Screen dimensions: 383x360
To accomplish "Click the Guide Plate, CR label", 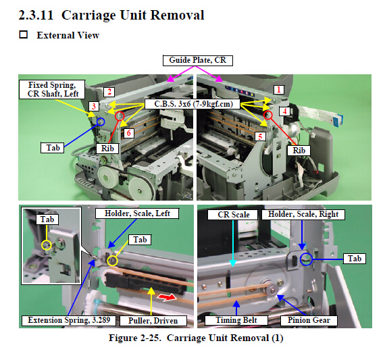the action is pyautogui.click(x=198, y=60).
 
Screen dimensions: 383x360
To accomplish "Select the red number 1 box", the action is pyautogui.click(x=279, y=90).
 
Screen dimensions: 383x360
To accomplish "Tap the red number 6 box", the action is pyautogui.click(x=129, y=133).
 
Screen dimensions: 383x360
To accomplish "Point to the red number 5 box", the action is pyautogui.click(x=260, y=136).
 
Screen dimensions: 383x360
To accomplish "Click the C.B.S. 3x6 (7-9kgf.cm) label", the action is pyautogui.click(x=193, y=104).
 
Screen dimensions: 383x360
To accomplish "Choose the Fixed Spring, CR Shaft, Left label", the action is pyautogui.click(x=52, y=89).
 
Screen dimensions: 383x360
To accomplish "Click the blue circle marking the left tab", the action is pyautogui.click(x=101, y=122).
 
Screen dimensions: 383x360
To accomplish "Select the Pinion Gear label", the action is pyautogui.click(x=309, y=320).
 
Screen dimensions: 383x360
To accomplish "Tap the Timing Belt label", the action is pyautogui.click(x=236, y=320).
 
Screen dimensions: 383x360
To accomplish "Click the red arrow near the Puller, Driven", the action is pyautogui.click(x=167, y=297).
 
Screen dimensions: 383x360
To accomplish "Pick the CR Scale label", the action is pyautogui.click(x=232, y=215).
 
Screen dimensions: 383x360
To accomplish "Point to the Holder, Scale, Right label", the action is pyautogui.click(x=303, y=214).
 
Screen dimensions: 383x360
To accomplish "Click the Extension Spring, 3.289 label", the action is pyautogui.click(x=69, y=320).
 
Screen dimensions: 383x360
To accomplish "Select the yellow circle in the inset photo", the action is pyautogui.click(x=47, y=245).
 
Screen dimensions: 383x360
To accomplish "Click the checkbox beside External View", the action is pyautogui.click(x=24, y=34).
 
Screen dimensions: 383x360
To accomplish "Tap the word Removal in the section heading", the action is pyautogui.click(x=178, y=15).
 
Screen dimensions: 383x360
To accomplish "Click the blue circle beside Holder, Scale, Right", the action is pyautogui.click(x=306, y=259).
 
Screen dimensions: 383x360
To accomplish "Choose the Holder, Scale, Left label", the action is pyautogui.click(x=137, y=213).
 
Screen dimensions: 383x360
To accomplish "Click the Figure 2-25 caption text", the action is pyautogui.click(x=196, y=338).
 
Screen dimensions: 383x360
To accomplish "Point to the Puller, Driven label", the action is pyautogui.click(x=153, y=321).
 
